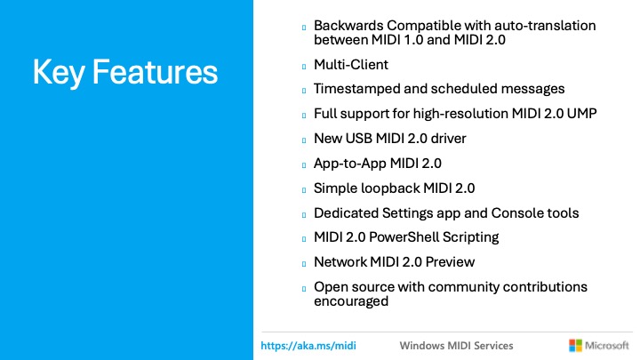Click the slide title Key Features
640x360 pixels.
tap(124, 72)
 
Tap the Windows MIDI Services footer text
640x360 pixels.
tap(456, 345)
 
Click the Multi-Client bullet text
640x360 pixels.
tap(351, 65)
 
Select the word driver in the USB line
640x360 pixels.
tap(447, 139)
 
